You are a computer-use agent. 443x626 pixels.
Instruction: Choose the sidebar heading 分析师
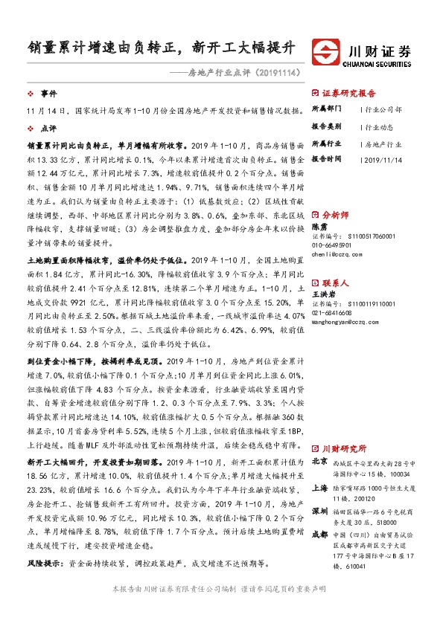pyautogui.click(x=337, y=213)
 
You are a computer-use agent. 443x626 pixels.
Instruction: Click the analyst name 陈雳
pyautogui.click(x=319, y=225)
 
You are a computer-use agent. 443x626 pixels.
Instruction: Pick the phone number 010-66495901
pyautogui.click(x=334, y=245)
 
